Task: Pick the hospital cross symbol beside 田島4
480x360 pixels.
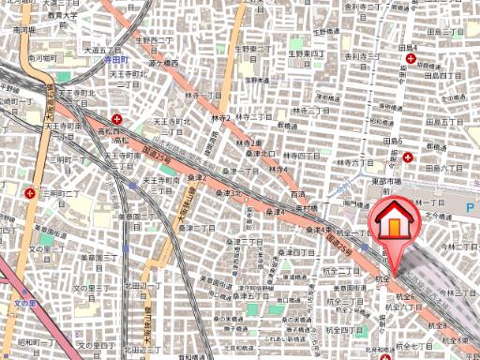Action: [x=412, y=59]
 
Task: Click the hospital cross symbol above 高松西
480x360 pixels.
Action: [x=116, y=119]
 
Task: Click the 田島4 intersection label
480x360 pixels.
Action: [x=407, y=46]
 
